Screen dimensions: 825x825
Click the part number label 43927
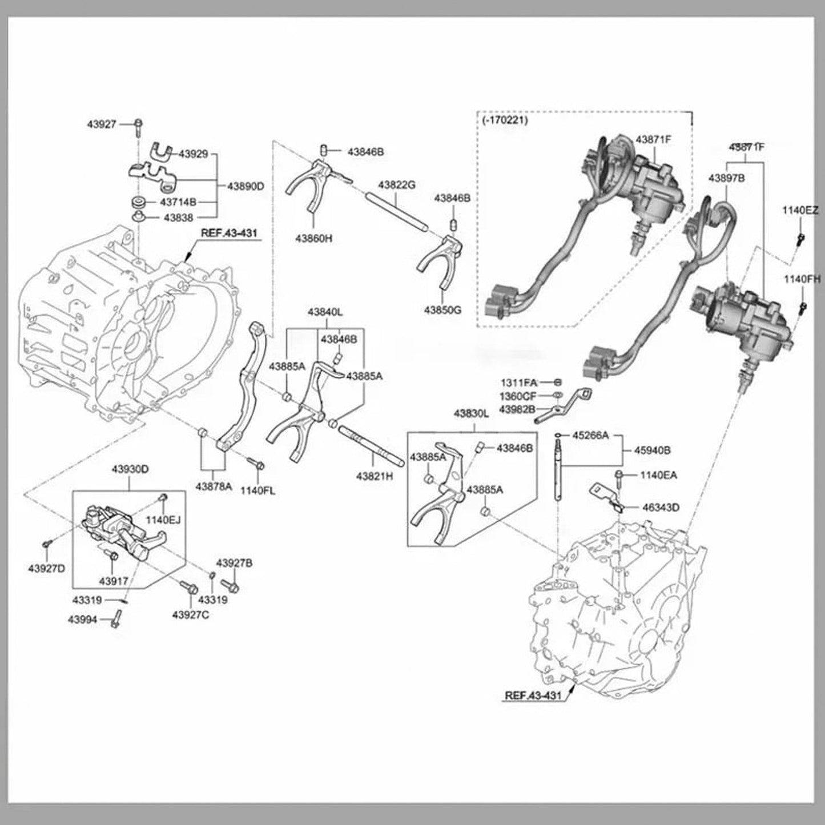(102, 123)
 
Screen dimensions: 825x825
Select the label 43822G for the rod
(396, 185)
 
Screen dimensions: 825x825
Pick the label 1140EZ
(800, 211)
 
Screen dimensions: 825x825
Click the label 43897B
(726, 178)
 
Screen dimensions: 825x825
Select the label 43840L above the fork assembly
(325, 312)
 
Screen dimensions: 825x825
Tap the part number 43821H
(375, 476)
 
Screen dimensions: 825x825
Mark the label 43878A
(214, 486)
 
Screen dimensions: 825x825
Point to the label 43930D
(130, 469)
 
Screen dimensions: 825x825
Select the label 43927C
(191, 614)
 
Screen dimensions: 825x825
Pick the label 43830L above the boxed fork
(471, 413)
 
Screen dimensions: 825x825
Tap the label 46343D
(661, 507)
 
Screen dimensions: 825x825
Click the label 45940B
(652, 450)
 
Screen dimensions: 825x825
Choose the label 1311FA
(518, 382)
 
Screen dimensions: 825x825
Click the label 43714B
(178, 202)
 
